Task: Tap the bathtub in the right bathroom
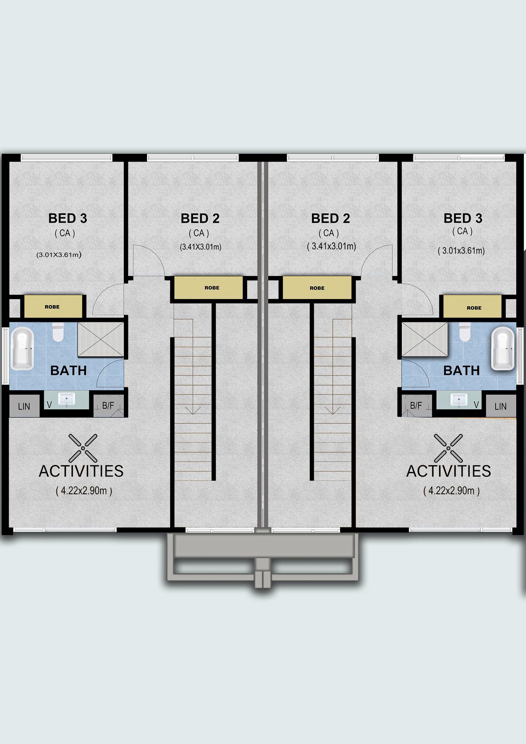pos(503,349)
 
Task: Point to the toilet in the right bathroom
pos(465,332)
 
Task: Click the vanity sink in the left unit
pos(66,400)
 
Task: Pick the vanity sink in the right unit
pos(459,400)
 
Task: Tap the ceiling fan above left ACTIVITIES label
pos(83,448)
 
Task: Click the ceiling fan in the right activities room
pos(448,448)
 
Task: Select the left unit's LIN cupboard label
pos(24,406)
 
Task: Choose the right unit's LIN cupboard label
pos(500,406)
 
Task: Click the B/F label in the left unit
pos(108,405)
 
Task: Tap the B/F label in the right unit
pos(416,405)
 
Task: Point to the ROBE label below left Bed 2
pos(212,288)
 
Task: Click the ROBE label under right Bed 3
pos(474,308)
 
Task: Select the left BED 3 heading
pos(68,218)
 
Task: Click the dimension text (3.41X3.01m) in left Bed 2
pos(200,247)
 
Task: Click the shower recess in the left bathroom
pos(101,339)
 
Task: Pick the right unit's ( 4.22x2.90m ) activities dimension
pos(451,491)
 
